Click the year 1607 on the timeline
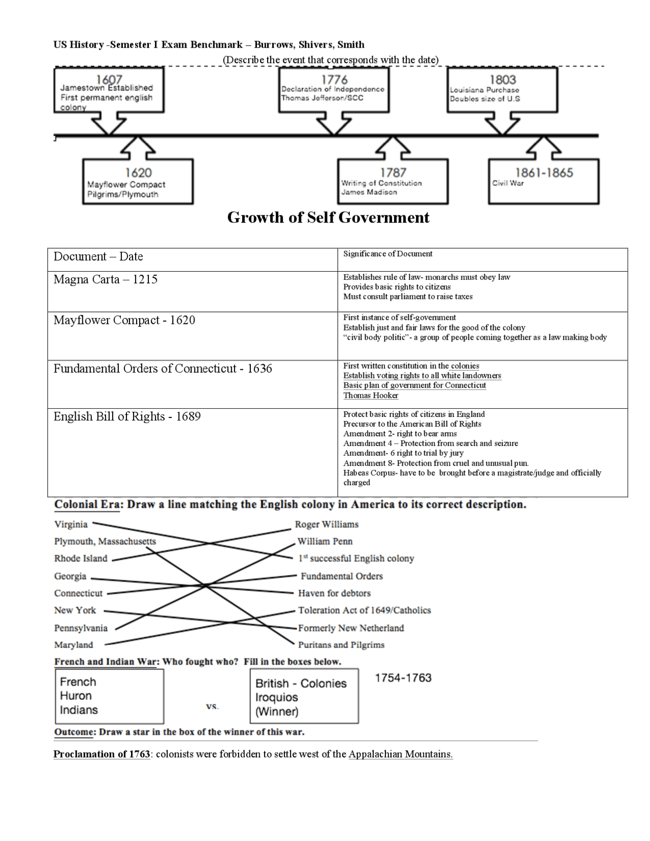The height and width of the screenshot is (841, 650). pyautogui.click(x=109, y=79)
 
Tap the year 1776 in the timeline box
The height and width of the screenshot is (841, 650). pyautogui.click(x=334, y=80)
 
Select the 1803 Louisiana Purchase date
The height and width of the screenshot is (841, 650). pyautogui.click(x=502, y=80)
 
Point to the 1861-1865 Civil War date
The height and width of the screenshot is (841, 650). pyautogui.click(x=544, y=173)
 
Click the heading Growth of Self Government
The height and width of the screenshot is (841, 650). pyautogui.click(x=328, y=217)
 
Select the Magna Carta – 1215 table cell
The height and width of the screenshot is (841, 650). pyautogui.click(x=106, y=280)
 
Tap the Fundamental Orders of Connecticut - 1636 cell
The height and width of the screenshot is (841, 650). pyautogui.click(x=162, y=369)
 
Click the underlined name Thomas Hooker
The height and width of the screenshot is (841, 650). pyautogui.click(x=371, y=396)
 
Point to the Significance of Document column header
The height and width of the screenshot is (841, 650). pyautogui.click(x=387, y=254)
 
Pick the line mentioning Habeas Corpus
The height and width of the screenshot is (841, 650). pyautogui.click(x=472, y=473)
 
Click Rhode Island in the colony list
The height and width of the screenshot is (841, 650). pyautogui.click(x=81, y=559)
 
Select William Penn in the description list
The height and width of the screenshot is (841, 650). pyautogui.click(x=325, y=541)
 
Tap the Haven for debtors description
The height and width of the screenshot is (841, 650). pyautogui.click(x=334, y=593)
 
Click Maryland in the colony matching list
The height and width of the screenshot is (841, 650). pyautogui.click(x=74, y=645)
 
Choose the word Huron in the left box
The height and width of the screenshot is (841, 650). pyautogui.click(x=76, y=696)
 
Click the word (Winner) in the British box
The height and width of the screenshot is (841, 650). pyautogui.click(x=277, y=712)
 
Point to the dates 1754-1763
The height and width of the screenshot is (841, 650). pyautogui.click(x=403, y=678)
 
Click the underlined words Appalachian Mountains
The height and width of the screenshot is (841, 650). pyautogui.click(x=400, y=754)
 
